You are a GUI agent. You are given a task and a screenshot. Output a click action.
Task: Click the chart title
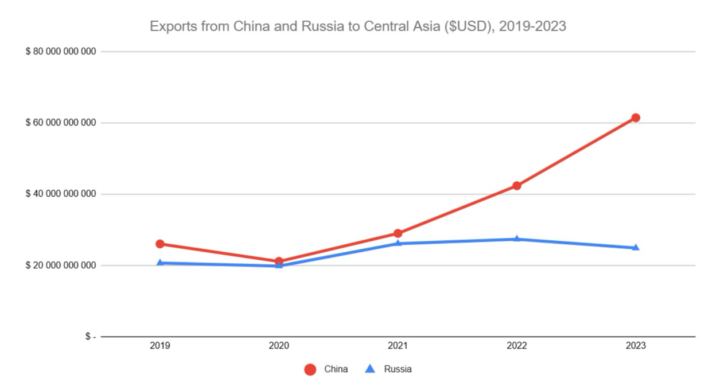coord(358,26)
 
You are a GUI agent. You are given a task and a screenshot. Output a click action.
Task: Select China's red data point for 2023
coord(636,118)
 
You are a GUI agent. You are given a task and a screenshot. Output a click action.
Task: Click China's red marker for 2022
coord(517,186)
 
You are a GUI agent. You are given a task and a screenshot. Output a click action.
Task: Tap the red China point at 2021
coord(398,233)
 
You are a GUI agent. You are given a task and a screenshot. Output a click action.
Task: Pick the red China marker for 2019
coord(160,244)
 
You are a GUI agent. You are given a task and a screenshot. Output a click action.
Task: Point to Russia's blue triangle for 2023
coord(636,248)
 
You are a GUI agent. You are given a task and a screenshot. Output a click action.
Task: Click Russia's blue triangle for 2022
coord(517,238)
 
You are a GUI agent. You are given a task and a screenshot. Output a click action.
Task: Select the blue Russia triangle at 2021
coord(398,243)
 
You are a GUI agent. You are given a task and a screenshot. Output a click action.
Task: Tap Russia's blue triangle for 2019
coord(160,263)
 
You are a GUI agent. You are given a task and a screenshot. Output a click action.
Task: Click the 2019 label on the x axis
coord(160,346)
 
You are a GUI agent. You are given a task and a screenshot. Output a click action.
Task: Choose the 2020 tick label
coord(279,346)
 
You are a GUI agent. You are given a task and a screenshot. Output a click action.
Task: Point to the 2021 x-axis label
coord(398,346)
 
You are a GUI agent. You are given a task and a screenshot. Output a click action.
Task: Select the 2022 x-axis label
coord(517,346)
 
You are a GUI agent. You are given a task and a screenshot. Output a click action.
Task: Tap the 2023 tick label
coord(636,346)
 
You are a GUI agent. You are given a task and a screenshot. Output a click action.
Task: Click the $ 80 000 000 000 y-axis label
coord(60,52)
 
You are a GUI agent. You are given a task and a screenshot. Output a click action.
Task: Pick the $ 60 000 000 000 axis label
coord(60,123)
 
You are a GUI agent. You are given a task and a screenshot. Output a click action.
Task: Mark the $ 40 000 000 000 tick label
coord(60,194)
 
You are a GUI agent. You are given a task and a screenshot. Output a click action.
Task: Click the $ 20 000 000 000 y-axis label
coord(60,265)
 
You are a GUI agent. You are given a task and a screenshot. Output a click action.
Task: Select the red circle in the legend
coord(310,369)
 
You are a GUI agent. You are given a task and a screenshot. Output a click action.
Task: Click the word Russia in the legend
coord(398,369)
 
